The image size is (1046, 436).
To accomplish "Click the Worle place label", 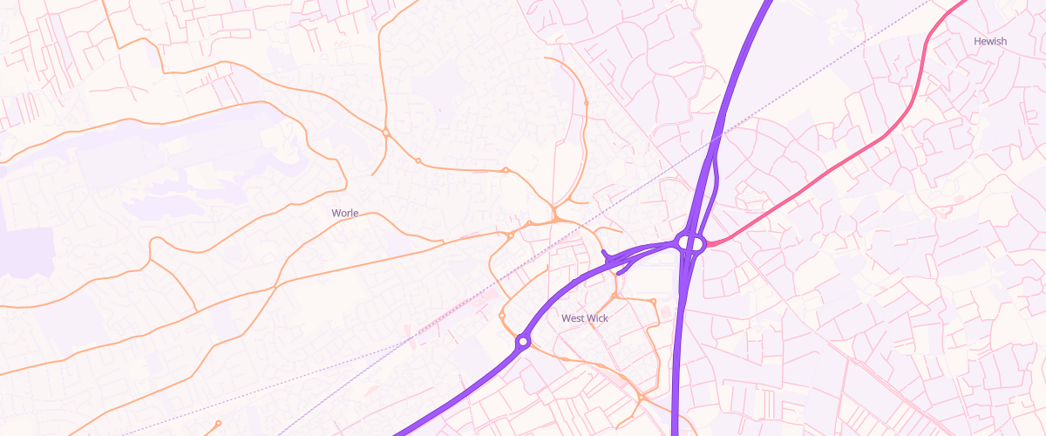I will point(345,213).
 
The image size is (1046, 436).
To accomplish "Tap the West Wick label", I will point(585,318).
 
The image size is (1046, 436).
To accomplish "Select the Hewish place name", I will point(990,41).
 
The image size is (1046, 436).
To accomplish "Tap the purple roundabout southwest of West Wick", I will point(523,342).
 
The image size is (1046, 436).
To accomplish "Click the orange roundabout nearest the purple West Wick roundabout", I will point(502,315).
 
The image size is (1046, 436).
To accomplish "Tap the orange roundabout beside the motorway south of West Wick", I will point(642,398).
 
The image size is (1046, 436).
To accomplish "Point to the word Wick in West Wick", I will point(597,318).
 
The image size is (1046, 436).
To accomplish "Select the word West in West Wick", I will point(572,318).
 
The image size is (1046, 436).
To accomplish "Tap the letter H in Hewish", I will point(978,41).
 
